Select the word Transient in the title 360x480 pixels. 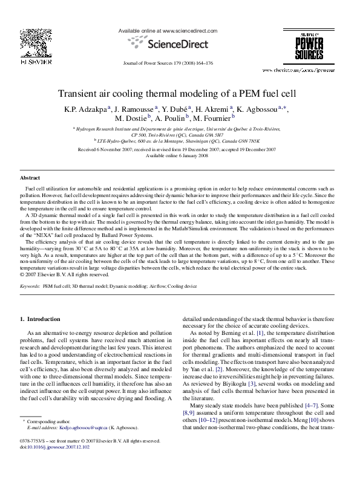tap(79, 94)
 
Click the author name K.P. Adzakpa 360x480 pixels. tap(83, 108)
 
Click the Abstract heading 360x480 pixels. tap(30, 179)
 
